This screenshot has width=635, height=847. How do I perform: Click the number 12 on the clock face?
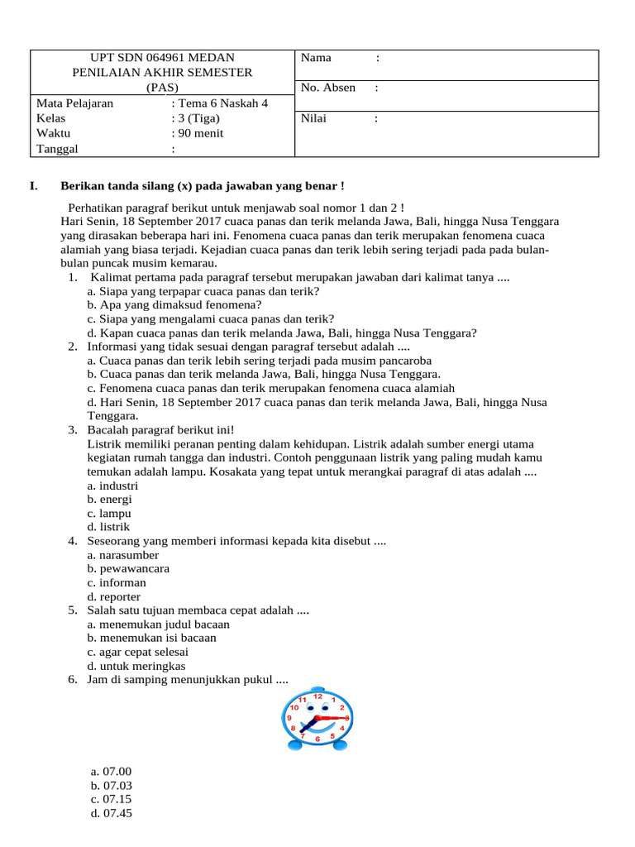318,696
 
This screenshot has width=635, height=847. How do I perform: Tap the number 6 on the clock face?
317,739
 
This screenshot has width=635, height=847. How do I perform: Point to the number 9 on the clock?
289,718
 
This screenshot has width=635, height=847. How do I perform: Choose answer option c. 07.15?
112,799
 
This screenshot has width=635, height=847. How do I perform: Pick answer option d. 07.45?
112,813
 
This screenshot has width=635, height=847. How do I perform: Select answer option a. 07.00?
112,772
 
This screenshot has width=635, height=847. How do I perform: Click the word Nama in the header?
316,58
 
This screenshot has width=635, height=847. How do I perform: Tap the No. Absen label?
328,88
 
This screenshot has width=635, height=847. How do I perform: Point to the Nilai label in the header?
313,118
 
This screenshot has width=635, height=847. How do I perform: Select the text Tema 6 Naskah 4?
221,103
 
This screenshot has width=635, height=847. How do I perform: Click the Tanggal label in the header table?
57,149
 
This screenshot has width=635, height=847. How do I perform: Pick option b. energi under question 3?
109,499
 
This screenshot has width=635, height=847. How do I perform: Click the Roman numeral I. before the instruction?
33,186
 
